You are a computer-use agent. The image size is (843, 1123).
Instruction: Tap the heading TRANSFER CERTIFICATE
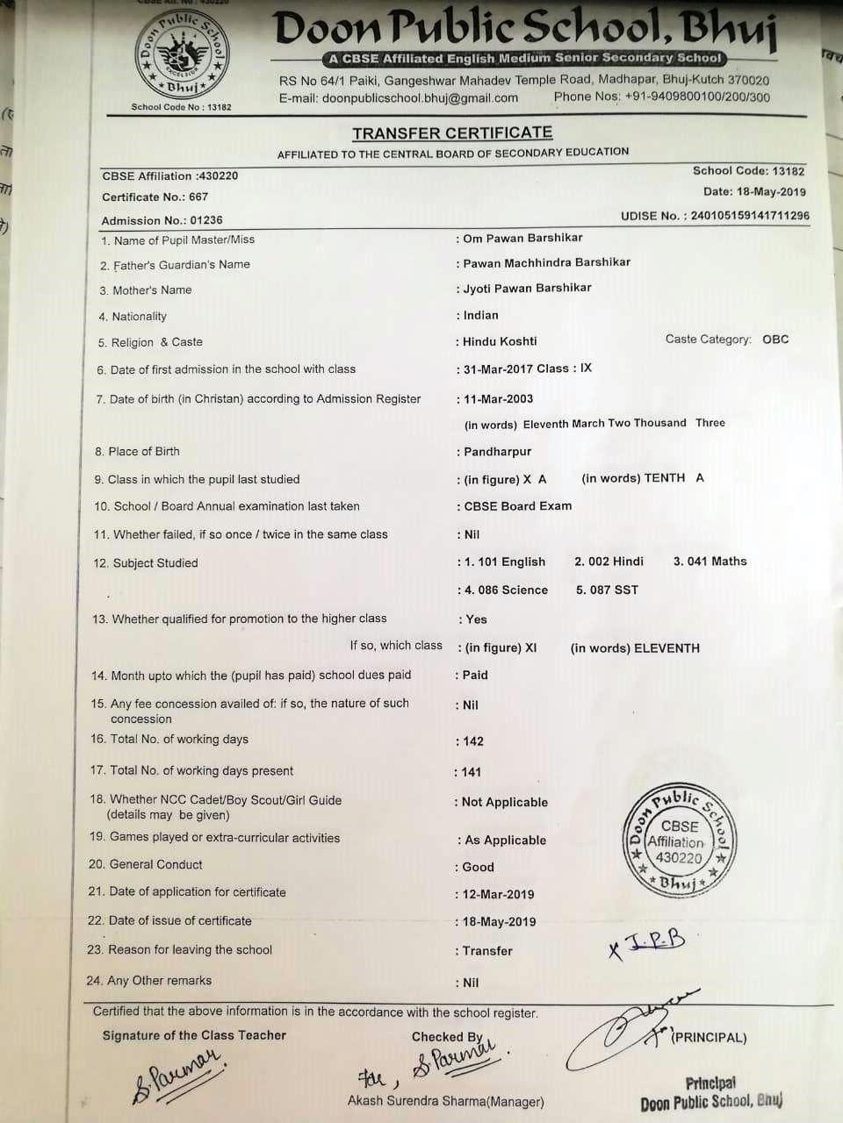[452, 133]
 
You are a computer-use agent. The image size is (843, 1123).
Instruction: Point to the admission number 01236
[206, 221]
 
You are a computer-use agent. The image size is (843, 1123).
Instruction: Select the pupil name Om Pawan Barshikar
[522, 238]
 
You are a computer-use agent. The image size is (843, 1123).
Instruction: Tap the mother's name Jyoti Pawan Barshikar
[527, 288]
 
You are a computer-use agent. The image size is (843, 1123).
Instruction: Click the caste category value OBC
[775, 339]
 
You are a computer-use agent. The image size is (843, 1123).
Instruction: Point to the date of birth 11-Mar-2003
[498, 399]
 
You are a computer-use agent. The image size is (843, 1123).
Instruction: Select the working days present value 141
[472, 772]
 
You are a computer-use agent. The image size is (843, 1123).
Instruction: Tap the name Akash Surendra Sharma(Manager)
[445, 1101]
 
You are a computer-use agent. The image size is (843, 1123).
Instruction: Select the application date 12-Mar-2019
[498, 894]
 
